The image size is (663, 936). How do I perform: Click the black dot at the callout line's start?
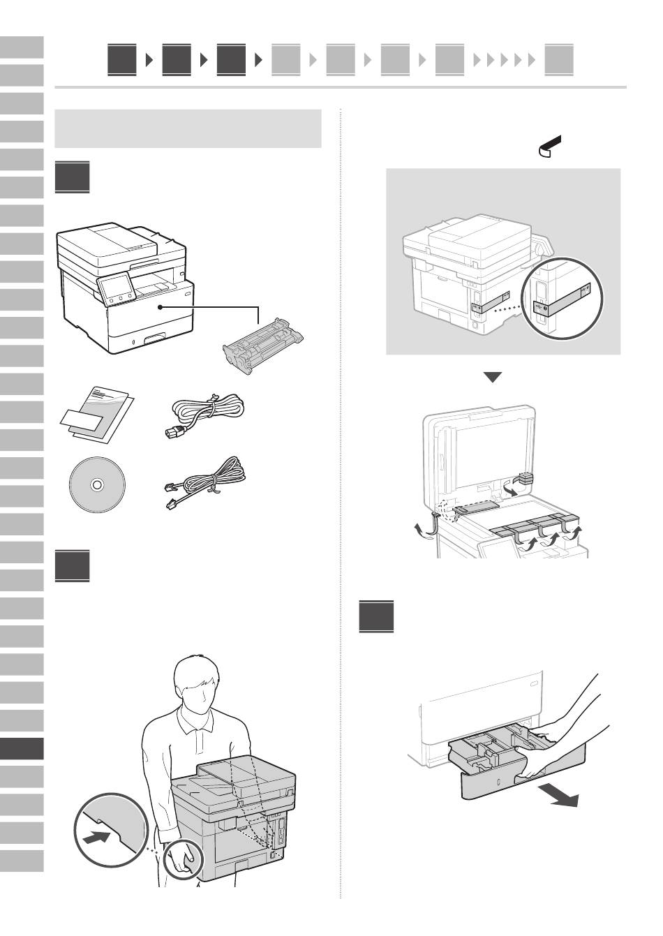[161, 306]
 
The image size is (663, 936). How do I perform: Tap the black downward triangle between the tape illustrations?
[493, 377]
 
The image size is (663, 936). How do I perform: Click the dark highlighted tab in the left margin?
[22, 748]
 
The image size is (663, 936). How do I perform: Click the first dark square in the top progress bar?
[122, 60]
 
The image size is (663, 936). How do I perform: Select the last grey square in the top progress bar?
[559, 60]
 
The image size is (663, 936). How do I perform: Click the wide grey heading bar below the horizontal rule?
[188, 128]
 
